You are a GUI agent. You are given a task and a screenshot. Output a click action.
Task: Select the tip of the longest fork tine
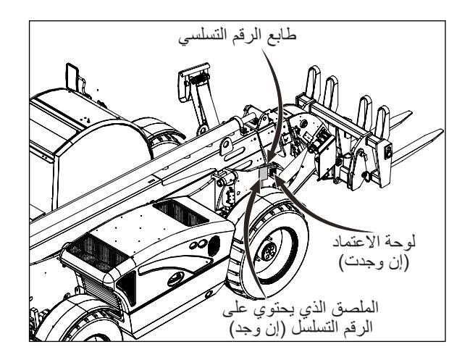[x=437, y=134]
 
